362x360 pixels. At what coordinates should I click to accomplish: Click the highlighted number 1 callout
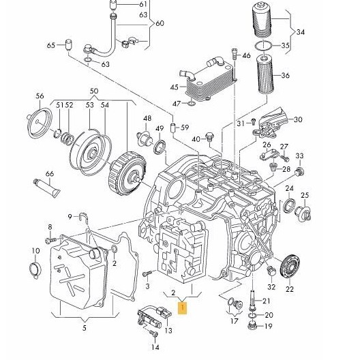[x=183, y=308]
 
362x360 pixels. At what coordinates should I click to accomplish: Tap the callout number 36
[x=285, y=75]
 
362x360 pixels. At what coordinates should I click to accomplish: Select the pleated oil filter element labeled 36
[x=265, y=74]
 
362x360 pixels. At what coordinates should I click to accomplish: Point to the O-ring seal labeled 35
[x=263, y=46]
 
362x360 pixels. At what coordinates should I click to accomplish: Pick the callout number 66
[x=50, y=173]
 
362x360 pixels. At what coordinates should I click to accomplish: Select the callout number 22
[x=290, y=288]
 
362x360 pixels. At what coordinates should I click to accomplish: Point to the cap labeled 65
[x=68, y=45]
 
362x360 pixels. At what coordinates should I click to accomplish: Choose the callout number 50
[x=93, y=91]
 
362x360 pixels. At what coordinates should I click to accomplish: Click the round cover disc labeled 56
[x=40, y=123]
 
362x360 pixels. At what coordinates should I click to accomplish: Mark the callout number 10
[x=35, y=250]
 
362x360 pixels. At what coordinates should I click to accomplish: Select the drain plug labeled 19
[x=252, y=326]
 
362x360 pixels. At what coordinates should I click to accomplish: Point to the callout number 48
[x=147, y=118]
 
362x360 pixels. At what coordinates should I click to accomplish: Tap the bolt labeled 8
[x=50, y=240]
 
